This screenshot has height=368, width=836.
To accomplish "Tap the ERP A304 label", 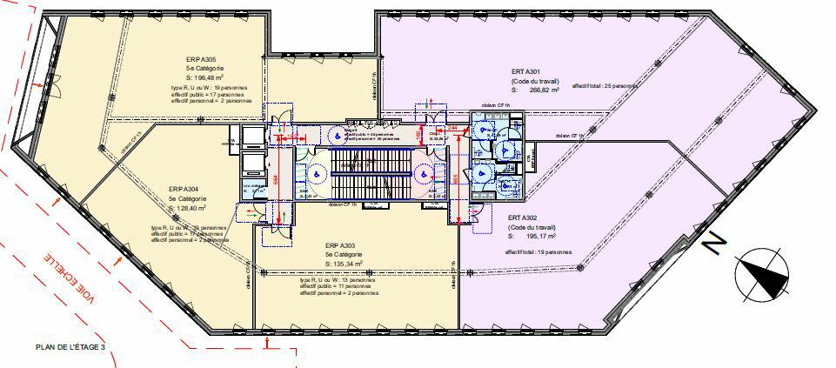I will pyautogui.click(x=184, y=189).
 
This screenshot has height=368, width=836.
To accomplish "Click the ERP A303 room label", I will pyautogui.click(x=340, y=245).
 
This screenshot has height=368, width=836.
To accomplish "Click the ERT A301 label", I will pyautogui.click(x=528, y=71).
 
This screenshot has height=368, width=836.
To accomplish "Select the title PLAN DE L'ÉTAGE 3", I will pyautogui.click(x=70, y=346).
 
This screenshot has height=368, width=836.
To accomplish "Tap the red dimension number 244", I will pyautogui.click(x=453, y=127).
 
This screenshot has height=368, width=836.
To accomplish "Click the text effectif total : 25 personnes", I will pyautogui.click(x=605, y=86).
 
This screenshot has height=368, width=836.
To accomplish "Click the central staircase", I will pyautogui.click(x=364, y=170).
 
